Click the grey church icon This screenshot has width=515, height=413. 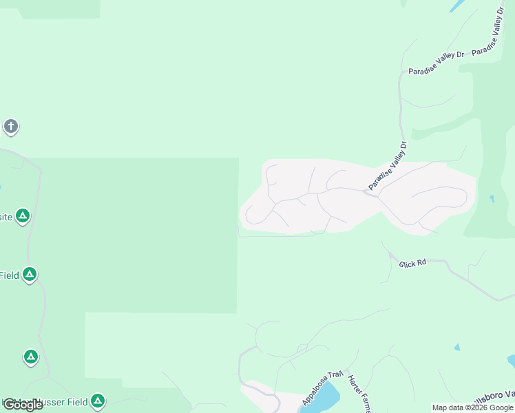coord(10,127)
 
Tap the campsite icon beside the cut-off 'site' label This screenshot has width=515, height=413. coord(23,217)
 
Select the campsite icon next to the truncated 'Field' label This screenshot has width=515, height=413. coord(29,275)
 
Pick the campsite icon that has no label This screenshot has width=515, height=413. coord(30,357)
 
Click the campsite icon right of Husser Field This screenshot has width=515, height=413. coord(98,401)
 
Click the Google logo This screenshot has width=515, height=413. coord(23,405)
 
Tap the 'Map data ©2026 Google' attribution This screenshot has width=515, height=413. coord(473,407)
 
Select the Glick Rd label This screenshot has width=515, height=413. coord(413,263)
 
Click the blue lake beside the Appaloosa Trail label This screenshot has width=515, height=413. coord(326,398)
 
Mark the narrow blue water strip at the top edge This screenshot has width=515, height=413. coord(456,6)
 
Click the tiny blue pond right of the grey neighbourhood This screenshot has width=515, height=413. coord(491,199)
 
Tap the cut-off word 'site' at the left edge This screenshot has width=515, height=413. coord(6,217)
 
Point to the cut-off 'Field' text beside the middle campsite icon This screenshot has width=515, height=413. coord(10,275)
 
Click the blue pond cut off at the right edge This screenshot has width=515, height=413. coord(511,361)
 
